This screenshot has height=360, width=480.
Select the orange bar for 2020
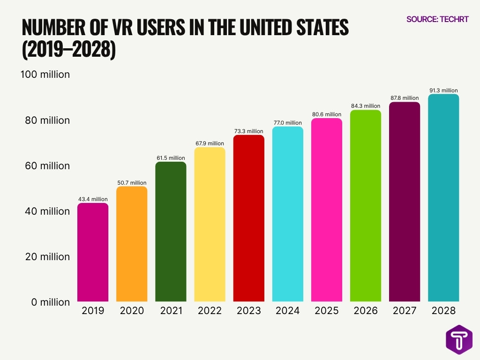coord(132,244)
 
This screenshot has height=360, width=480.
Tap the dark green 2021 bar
coord(171,232)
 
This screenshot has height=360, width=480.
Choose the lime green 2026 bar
coord(366,206)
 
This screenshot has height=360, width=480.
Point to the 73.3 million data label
coord(248,131)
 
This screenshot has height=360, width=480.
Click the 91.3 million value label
coord(443,90)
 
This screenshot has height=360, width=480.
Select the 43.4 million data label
coord(93,199)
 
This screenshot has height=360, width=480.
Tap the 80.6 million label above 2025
coord(327,114)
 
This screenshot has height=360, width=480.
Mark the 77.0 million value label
coord(287,123)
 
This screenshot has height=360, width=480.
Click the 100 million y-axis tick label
coord(45,75)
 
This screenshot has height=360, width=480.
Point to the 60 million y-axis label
coord(47,165)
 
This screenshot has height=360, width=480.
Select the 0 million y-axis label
coord(51,302)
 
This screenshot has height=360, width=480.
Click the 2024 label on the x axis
coord(287,311)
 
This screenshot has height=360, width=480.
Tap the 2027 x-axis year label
coord(405,311)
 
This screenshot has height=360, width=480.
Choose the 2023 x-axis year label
coord(248,311)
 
